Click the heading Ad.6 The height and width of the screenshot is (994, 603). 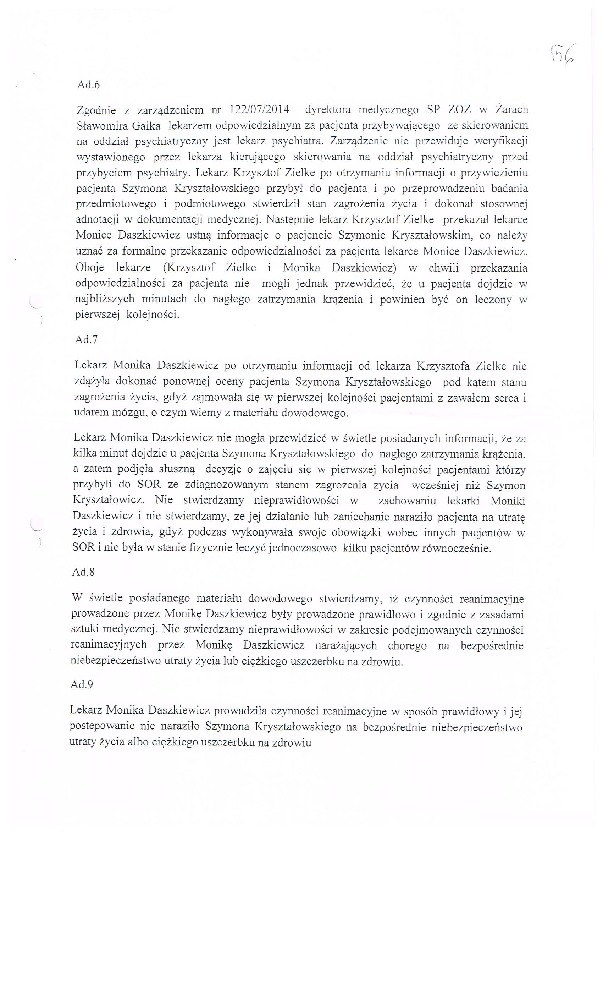coord(88,85)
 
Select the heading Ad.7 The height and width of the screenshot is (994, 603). coord(86,340)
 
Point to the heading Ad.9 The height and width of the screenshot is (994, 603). coord(82,684)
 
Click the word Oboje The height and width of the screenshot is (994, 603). coord(89,268)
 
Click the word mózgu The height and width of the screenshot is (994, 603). coord(128,414)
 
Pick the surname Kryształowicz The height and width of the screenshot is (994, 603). coord(109,501)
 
